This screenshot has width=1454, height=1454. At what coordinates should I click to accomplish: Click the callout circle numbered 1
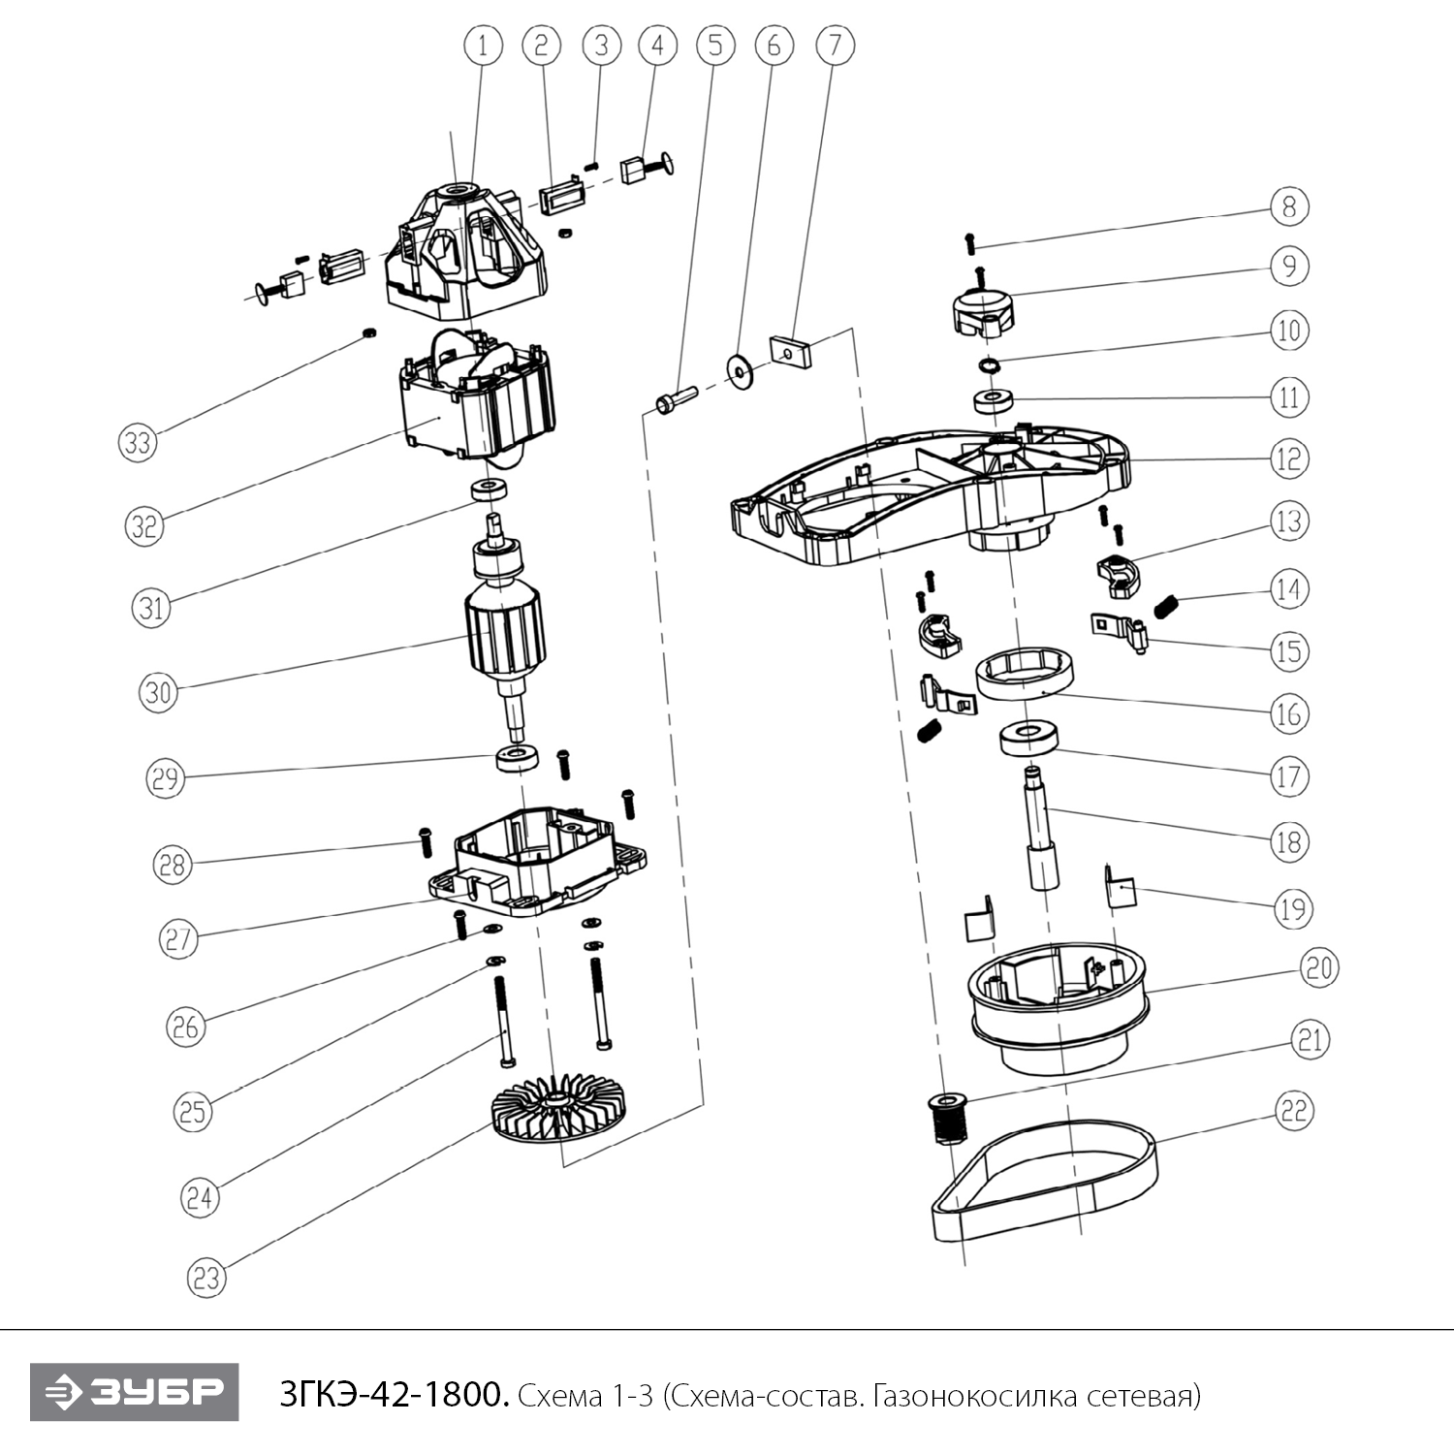tap(483, 45)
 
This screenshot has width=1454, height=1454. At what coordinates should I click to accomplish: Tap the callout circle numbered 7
tap(835, 45)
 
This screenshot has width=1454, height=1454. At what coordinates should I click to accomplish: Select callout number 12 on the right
tap(1288, 458)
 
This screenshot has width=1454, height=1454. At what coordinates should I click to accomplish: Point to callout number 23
tap(206, 1278)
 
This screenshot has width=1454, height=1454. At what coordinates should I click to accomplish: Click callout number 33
tap(138, 442)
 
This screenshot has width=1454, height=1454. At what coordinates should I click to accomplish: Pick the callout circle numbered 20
tap(1318, 967)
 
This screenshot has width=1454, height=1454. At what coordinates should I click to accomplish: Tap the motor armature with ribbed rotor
tap(505, 635)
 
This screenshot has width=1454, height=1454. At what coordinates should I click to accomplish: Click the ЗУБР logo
tap(134, 1392)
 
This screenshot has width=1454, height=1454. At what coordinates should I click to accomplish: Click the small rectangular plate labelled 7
tap(790, 351)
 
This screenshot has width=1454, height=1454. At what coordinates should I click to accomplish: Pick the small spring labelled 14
tap(1167, 607)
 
